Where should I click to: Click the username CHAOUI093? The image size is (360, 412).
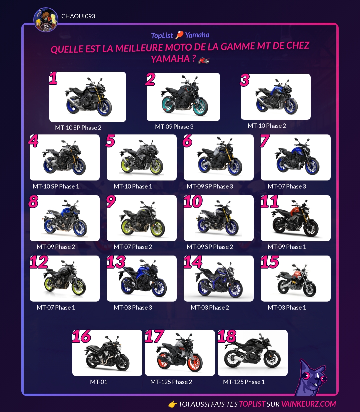click(x=78, y=16)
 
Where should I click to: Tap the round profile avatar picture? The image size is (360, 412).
click(x=46, y=20)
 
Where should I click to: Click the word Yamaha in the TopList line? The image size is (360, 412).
click(x=197, y=35)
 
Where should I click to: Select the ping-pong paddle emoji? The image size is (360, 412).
click(x=179, y=35)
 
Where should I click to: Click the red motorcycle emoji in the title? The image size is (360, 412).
click(x=204, y=60)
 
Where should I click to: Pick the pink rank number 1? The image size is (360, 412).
click(x=53, y=78)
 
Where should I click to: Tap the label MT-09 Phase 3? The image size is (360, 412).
click(x=174, y=127)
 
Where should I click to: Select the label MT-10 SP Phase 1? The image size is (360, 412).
click(x=56, y=186)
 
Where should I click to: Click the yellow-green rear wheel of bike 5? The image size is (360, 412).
click(x=127, y=164)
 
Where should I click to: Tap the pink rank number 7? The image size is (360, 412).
click(x=264, y=141)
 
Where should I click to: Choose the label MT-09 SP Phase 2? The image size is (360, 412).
click(x=210, y=247)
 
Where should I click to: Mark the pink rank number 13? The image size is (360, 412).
click(x=116, y=262)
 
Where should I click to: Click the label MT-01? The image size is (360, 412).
click(x=99, y=382)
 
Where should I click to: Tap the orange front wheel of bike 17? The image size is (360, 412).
click(x=195, y=364)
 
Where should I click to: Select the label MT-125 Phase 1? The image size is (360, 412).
click(x=244, y=382)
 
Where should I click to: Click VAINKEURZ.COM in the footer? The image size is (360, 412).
click(x=308, y=404)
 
